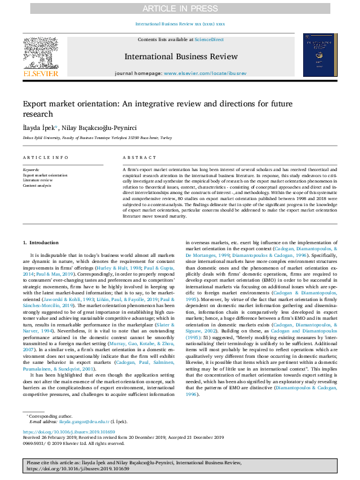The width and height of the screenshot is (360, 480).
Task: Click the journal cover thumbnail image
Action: click(316, 55)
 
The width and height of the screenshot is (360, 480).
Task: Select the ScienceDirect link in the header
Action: click(208, 39)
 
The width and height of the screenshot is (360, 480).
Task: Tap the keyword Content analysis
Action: click(38, 185)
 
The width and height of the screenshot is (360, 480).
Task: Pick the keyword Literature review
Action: click(38, 180)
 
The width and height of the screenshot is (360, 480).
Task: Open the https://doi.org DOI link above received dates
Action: click(61, 432)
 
